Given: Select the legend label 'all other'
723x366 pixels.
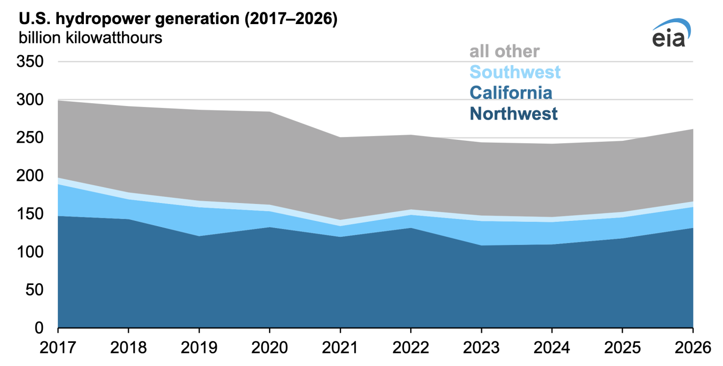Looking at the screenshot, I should [x=505, y=51].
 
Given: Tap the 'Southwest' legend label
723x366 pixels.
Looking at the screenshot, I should [x=515, y=72].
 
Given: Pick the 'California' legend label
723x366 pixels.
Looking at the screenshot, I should [x=511, y=93].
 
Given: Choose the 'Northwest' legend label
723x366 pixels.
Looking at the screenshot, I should [x=513, y=114].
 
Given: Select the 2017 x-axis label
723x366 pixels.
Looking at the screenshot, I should [x=58, y=347].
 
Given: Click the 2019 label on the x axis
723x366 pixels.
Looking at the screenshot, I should [x=199, y=347].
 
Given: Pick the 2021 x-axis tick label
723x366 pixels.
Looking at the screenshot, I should [x=340, y=347].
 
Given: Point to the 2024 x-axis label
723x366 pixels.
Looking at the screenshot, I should [x=552, y=347].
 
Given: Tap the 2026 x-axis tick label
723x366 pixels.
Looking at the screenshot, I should [x=692, y=347].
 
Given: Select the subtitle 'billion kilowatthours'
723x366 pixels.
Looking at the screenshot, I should [x=91, y=38].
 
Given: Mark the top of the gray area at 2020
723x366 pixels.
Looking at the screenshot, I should [x=269, y=112].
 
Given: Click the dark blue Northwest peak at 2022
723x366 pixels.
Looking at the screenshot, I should [x=411, y=228].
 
